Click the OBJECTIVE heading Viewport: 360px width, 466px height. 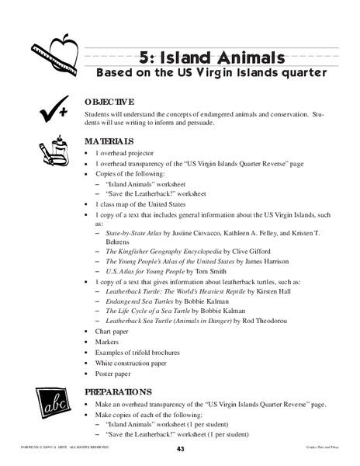114,102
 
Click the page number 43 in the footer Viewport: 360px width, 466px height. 180,450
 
